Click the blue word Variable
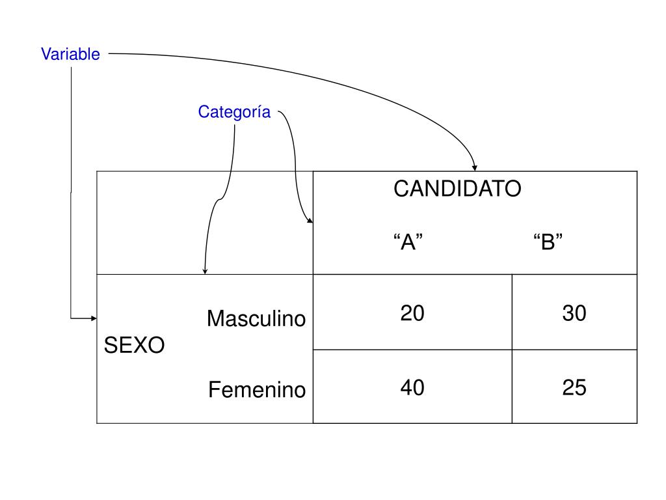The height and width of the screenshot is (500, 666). [70, 54]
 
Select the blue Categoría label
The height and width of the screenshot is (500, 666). [234, 112]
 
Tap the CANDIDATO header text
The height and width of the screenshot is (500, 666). [457, 189]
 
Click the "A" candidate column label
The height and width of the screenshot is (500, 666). [408, 242]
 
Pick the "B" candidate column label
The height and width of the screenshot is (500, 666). [548, 242]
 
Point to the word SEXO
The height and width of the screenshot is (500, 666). [135, 345]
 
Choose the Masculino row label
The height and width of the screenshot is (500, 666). [256, 319]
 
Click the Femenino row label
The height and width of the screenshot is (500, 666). [257, 390]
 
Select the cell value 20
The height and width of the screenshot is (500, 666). [412, 314]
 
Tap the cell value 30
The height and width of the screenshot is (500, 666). [574, 314]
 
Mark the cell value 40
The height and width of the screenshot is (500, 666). [412, 388]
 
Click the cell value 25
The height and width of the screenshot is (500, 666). [574, 388]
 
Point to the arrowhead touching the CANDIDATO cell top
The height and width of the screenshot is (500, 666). [475, 168]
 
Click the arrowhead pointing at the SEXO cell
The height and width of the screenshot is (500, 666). [93, 318]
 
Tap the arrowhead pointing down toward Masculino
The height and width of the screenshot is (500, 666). [205, 271]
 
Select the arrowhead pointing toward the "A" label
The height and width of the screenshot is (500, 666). [310, 221]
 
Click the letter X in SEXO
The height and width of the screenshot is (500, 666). [135, 345]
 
